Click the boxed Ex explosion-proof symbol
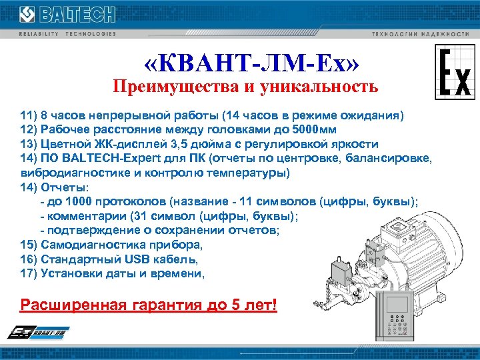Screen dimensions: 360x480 click(x=455, y=73)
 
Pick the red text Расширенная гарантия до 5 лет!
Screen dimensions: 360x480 click(x=149, y=305)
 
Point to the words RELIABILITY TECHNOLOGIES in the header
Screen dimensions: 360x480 click(x=67, y=33)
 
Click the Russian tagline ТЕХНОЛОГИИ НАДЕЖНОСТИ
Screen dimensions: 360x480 click(x=419, y=33)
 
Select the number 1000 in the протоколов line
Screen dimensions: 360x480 click(x=77, y=201)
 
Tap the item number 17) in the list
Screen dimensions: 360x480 click(x=29, y=273)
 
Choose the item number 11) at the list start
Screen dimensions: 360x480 click(x=29, y=115)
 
